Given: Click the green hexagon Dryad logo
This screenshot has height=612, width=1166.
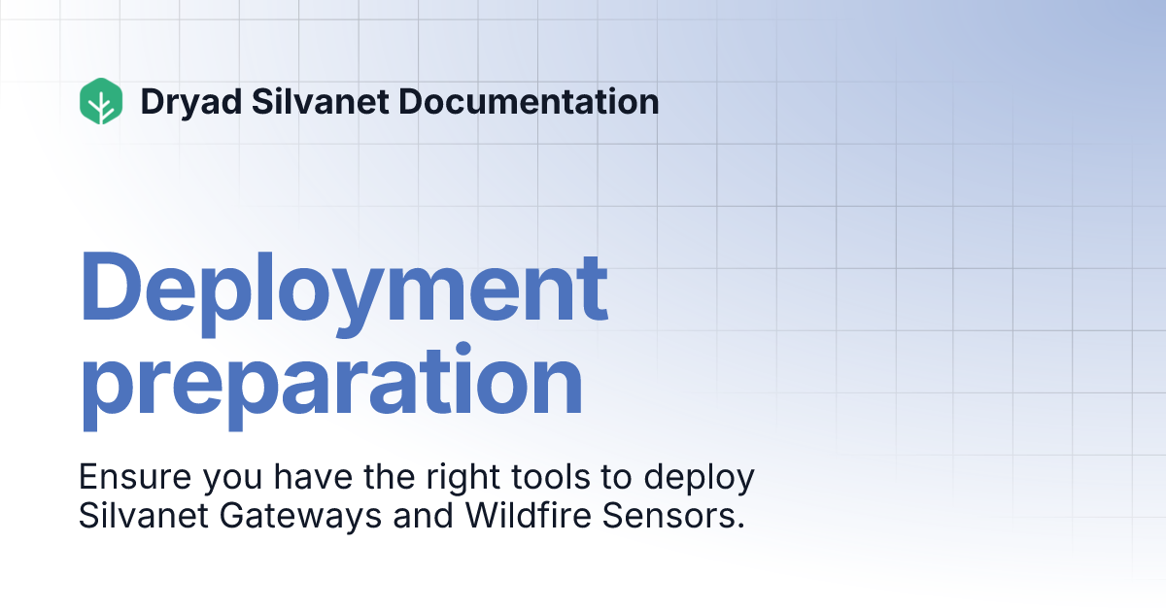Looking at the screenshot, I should [101, 101].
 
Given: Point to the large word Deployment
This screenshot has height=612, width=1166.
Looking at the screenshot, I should [344, 289].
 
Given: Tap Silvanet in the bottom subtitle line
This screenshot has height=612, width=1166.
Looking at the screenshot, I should [140, 516].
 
